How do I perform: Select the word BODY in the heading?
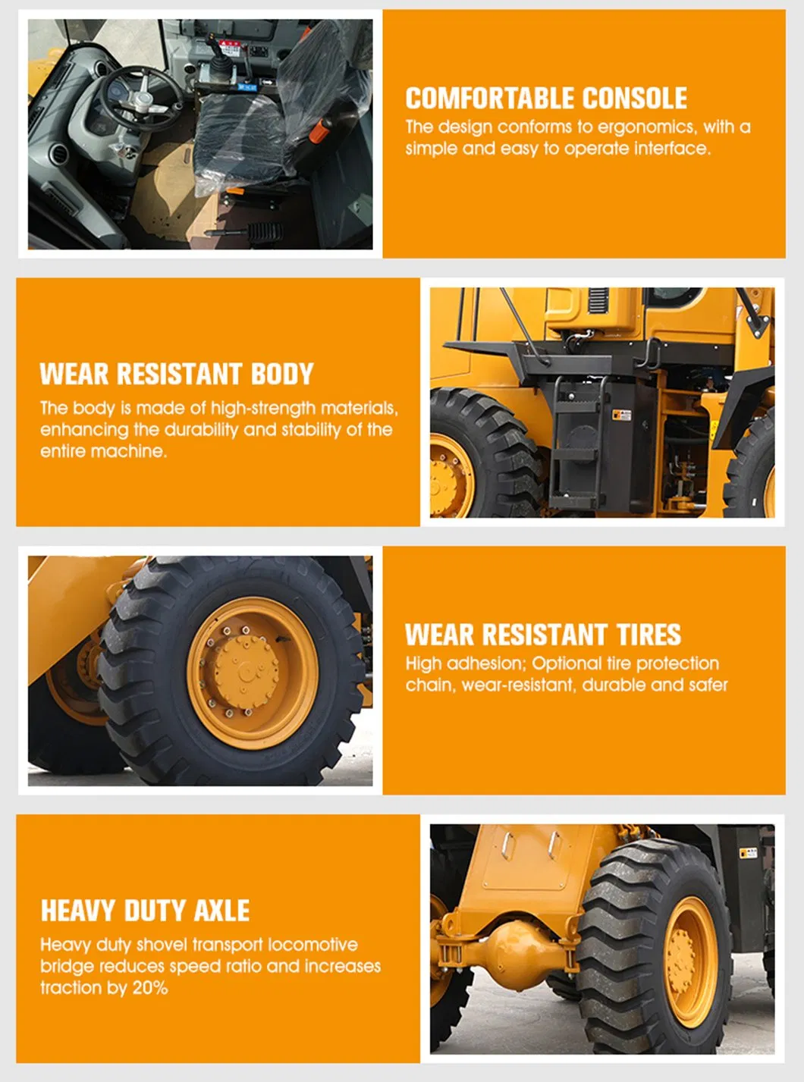click(282, 374)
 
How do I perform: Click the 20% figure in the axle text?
click(151, 988)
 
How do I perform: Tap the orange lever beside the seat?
click(320, 130)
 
